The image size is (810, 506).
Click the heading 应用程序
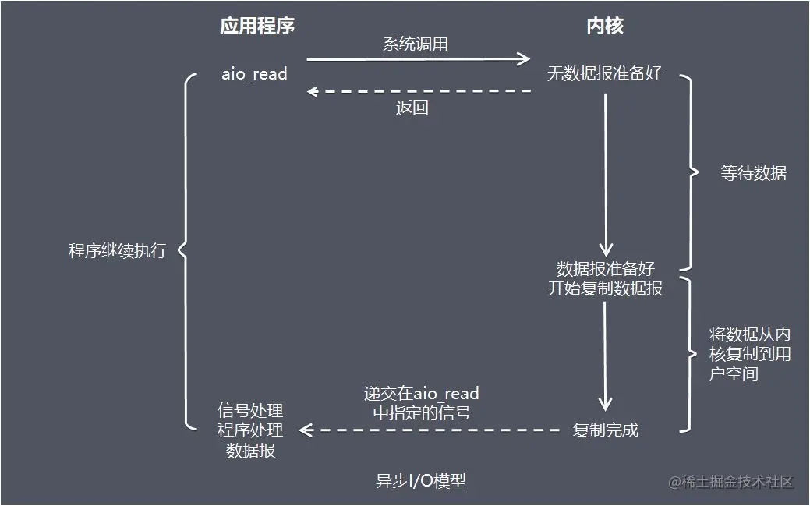pos(257,27)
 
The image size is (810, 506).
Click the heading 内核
pos(604,27)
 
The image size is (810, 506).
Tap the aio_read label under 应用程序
pos(255,74)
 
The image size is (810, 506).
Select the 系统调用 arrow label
pos(415,44)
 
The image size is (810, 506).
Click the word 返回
pos(412,108)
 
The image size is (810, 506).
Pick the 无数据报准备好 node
pos(604,74)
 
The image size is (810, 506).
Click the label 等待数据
pos(753,173)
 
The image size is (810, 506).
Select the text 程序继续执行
pos(118,251)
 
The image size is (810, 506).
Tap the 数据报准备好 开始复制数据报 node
pos(605,278)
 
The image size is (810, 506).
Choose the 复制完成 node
pos(605,430)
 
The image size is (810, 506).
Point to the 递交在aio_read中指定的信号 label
pos(421,403)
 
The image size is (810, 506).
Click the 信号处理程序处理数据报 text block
pos(250,430)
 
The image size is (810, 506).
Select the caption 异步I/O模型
pos(421,481)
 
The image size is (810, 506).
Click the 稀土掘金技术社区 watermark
pos(730,482)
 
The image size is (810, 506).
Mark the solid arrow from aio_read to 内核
pos(419,58)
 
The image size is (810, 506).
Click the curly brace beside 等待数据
pos(686,173)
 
